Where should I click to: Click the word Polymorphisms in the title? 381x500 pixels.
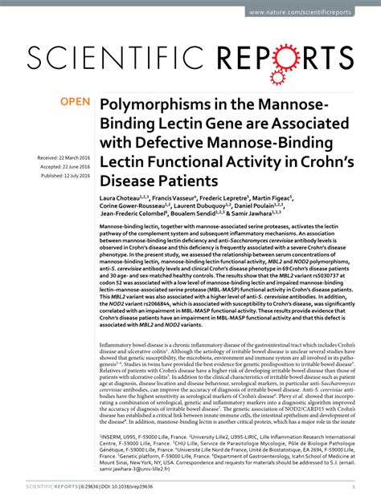(152, 107)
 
